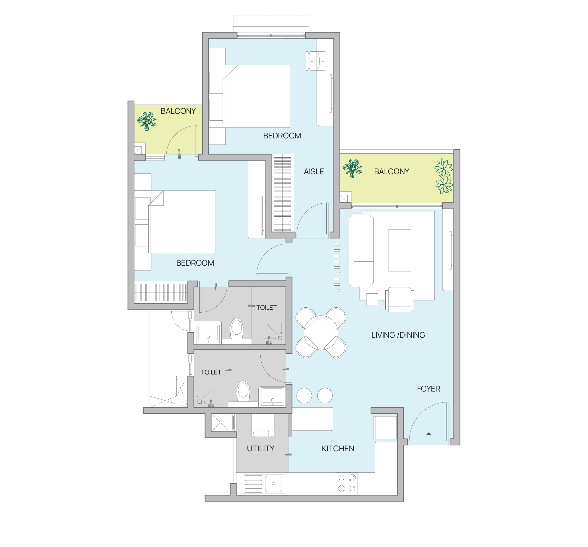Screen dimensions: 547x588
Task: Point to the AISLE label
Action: click(x=314, y=172)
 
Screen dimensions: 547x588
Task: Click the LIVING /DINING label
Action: click(x=398, y=335)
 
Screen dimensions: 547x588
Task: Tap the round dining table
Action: click(x=321, y=333)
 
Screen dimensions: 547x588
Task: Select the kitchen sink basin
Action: click(x=273, y=484)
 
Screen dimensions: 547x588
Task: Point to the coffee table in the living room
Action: click(x=399, y=250)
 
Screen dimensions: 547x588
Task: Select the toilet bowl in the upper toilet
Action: click(x=237, y=328)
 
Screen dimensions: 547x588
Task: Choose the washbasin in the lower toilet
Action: click(x=272, y=397)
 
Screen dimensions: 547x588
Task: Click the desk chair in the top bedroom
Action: click(x=316, y=61)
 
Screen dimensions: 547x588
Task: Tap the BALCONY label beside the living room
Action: click(x=391, y=172)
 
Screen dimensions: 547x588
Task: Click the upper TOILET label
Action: click(x=266, y=308)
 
